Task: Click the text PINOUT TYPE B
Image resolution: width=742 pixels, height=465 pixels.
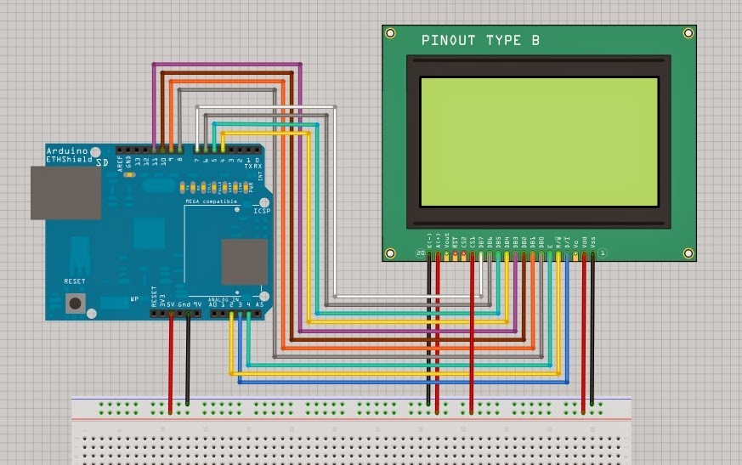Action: point(480,41)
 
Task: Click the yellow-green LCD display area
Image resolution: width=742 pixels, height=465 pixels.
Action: point(539,141)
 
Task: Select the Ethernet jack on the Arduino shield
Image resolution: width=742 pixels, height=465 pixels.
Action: point(65,192)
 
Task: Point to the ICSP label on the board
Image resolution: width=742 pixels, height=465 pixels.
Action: point(261,210)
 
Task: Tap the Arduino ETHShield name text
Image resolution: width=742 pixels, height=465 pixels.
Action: point(70,155)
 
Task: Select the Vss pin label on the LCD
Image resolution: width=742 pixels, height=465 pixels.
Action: point(592,243)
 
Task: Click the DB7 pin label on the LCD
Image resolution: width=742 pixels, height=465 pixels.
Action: point(482,243)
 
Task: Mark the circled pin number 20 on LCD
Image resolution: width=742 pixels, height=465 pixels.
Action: point(420,253)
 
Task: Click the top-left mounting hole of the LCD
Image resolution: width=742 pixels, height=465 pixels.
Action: point(390,33)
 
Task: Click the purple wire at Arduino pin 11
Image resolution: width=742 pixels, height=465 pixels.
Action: point(154,111)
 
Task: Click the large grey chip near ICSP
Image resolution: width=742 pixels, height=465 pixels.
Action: point(244,261)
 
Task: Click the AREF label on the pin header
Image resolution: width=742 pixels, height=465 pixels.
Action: point(121,163)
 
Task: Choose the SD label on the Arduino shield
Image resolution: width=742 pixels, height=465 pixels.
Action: point(102,161)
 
